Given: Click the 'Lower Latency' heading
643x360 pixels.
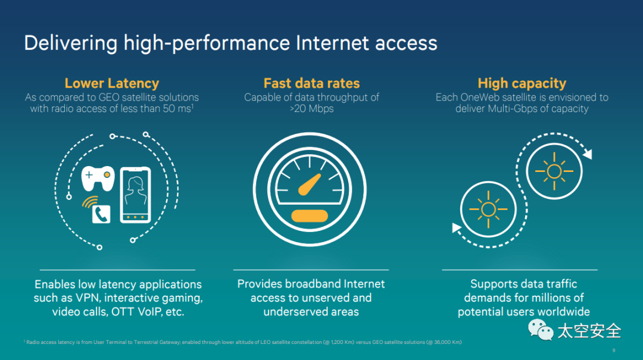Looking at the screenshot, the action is pos(111,83).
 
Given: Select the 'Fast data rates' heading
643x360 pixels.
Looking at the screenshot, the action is pos(311,83).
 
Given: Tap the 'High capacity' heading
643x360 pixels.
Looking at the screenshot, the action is pos(522,83).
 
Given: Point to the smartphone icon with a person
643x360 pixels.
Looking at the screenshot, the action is pos(135,195).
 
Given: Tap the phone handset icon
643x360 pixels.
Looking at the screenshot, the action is pos(101,214).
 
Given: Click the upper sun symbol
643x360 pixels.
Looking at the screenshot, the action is pos(554,172).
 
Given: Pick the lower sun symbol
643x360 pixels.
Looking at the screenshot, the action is pos(488,209).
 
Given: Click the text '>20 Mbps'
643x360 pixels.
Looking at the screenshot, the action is pos(311,109).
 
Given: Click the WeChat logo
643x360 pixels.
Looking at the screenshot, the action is pos(538,330).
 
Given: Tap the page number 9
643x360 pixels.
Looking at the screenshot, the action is pos(614,350).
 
